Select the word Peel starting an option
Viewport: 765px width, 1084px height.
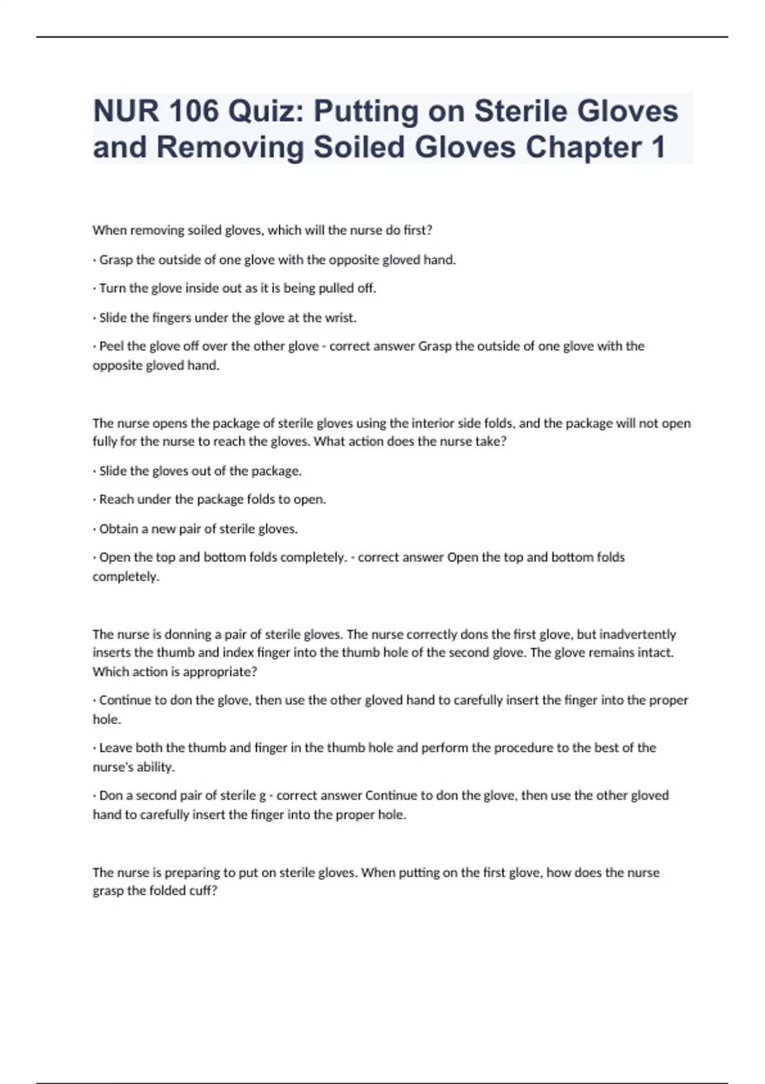112,346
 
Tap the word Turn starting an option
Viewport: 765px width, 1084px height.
113,288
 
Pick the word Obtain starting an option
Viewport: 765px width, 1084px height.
119,529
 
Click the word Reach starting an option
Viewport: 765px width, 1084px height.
115,499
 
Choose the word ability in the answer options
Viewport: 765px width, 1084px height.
155,767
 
